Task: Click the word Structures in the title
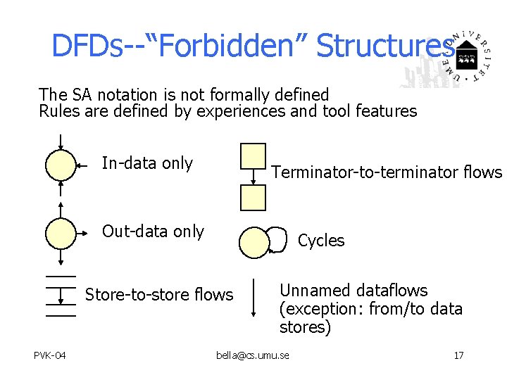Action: (384, 46)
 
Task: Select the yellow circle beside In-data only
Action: (61, 166)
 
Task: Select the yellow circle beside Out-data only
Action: (61, 232)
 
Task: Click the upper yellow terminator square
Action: (254, 156)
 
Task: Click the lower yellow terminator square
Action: (254, 198)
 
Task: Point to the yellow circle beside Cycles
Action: (254, 242)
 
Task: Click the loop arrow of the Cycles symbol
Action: (280, 239)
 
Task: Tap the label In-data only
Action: (147, 163)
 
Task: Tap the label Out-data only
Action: (153, 232)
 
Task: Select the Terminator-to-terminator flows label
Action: (387, 172)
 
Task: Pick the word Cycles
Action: (321, 241)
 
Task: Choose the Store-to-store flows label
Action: (158, 295)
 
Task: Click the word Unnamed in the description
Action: (315, 291)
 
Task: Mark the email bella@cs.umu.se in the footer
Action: (253, 355)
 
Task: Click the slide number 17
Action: (458, 355)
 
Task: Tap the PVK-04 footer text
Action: (50, 355)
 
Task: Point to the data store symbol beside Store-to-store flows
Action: (61, 296)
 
